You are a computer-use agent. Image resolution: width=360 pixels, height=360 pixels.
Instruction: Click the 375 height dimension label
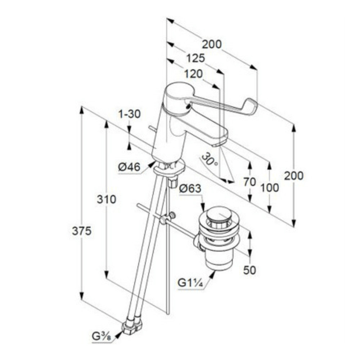click(82, 231)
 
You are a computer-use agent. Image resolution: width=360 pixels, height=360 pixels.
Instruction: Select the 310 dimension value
click(106, 199)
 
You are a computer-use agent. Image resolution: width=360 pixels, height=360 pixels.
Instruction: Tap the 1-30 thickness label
click(130, 114)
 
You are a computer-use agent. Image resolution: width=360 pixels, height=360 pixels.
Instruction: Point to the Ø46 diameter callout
click(129, 167)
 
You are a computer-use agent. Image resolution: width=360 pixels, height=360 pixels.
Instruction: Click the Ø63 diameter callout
click(190, 189)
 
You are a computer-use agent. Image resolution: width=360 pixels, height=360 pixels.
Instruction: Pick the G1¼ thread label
click(190, 283)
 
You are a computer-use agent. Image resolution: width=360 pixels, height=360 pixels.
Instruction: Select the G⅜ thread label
click(102, 337)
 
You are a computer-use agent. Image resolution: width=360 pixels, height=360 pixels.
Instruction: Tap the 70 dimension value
click(249, 182)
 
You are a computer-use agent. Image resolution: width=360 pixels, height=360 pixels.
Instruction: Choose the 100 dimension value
click(270, 188)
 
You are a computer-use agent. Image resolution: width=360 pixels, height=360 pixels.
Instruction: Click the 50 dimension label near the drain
click(249, 270)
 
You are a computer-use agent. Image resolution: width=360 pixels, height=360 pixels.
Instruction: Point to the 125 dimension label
click(195, 58)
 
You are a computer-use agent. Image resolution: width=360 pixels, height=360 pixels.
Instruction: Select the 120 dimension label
click(194, 74)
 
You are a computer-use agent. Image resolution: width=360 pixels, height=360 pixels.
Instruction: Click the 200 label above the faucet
click(212, 44)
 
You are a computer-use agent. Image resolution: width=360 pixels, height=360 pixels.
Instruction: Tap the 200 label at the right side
click(294, 176)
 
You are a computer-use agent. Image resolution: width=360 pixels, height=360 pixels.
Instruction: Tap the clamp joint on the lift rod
click(168, 218)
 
